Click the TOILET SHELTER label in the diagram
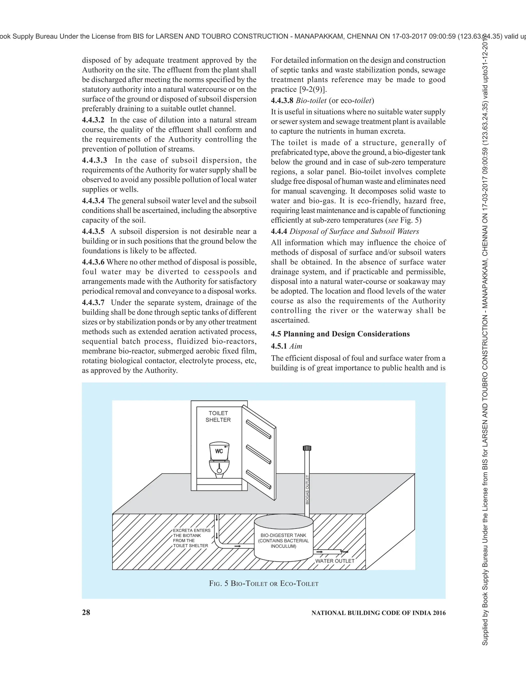click(x=218, y=416)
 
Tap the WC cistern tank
click(x=219, y=451)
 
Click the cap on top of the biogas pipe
click(x=307, y=448)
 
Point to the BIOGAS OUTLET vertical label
click(x=307, y=490)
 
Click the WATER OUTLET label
click(x=335, y=561)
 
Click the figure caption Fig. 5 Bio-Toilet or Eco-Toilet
click(x=264, y=584)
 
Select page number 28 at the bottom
click(x=86, y=613)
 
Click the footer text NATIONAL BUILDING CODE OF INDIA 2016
click(x=378, y=613)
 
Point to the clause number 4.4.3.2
click(x=93, y=120)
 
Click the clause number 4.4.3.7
click(x=93, y=302)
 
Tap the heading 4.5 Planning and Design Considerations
click(x=340, y=334)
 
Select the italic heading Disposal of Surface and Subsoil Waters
click(x=354, y=231)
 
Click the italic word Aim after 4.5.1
click(x=296, y=346)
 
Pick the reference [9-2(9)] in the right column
click(x=313, y=89)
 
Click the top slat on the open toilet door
click(x=258, y=429)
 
